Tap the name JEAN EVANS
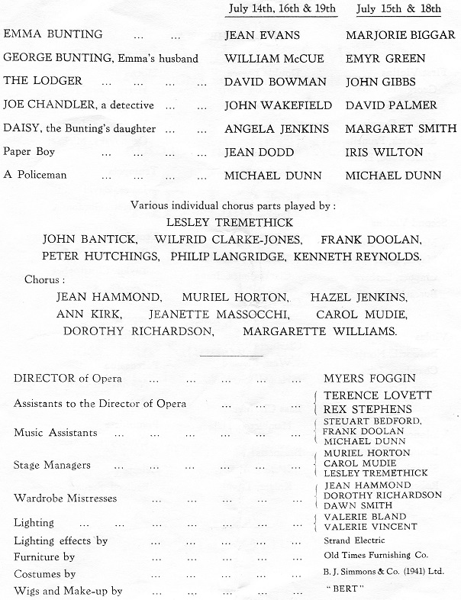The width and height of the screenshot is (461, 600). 262,35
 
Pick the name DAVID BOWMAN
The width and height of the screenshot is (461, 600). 272,82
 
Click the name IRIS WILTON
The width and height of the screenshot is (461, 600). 384,152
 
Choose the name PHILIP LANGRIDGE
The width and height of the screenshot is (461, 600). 240,256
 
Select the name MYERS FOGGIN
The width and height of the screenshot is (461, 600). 369,379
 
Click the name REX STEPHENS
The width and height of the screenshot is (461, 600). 368,409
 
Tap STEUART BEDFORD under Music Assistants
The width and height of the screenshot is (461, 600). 372,421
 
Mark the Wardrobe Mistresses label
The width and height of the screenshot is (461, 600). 66,498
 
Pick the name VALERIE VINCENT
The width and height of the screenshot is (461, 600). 371,526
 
